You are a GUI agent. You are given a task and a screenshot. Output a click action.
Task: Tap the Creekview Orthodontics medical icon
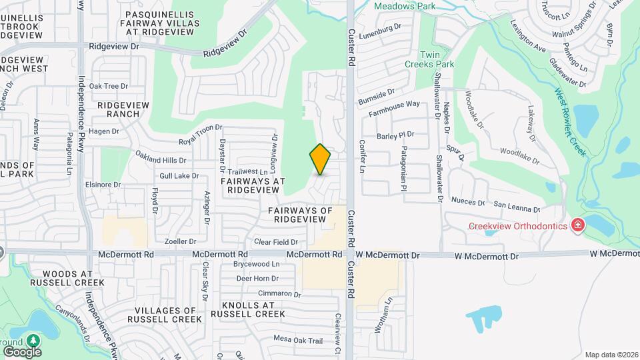pos(577,226)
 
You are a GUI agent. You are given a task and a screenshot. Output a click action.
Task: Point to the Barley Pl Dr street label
pos(395,135)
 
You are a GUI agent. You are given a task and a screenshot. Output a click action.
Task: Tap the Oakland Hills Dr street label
pos(161,160)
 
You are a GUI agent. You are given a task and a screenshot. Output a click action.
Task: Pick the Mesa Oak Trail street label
pos(298,340)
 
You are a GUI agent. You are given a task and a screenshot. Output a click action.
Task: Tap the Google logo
pos(22,351)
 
